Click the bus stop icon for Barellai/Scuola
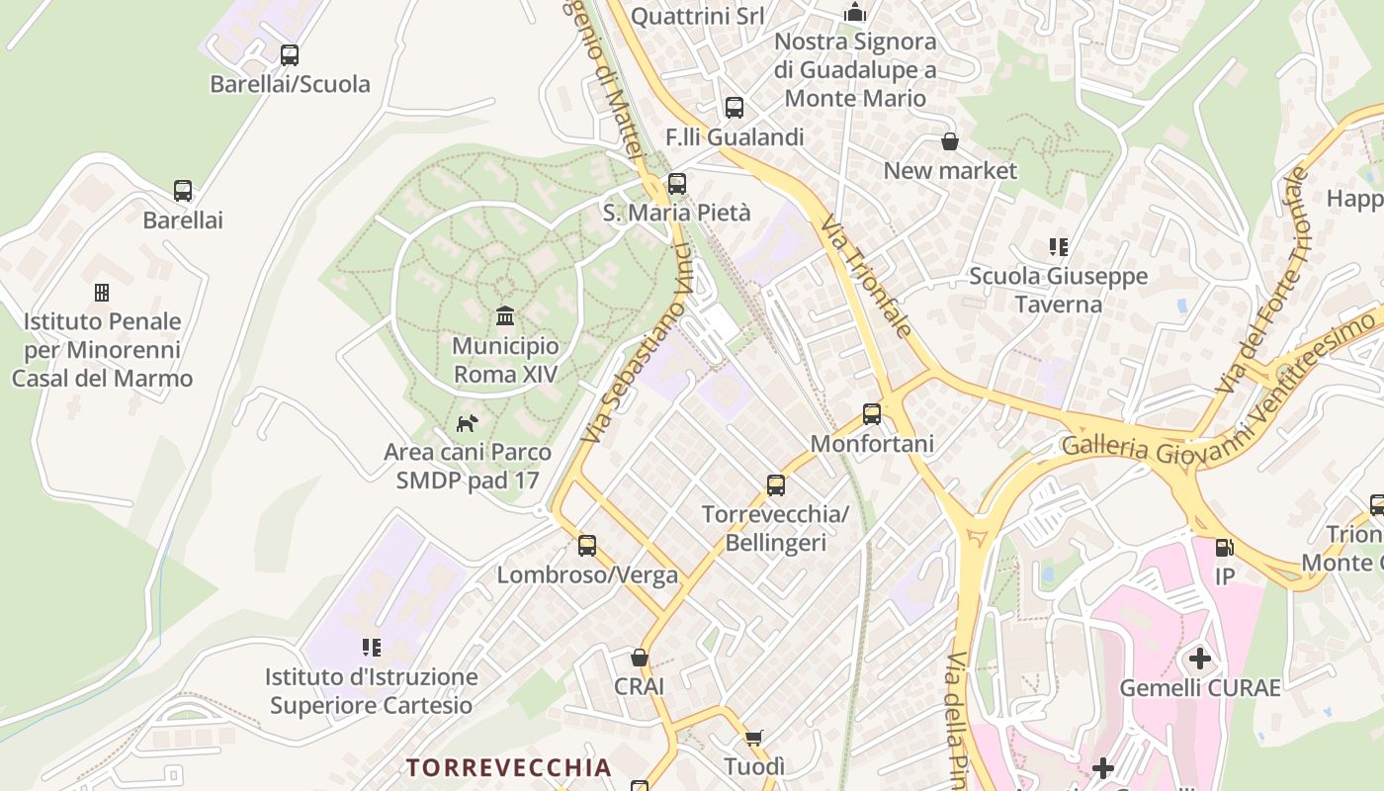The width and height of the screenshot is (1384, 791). (289, 55)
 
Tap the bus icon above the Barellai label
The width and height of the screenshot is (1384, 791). (183, 191)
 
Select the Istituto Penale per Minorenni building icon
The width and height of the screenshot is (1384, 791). (101, 293)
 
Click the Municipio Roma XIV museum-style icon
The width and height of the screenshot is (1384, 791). (505, 316)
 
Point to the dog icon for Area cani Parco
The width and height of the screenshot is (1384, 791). (467, 423)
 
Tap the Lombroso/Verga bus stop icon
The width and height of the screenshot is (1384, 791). (587, 546)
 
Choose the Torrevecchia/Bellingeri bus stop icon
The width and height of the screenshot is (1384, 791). (776, 485)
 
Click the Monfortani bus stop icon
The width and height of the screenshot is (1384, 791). (872, 414)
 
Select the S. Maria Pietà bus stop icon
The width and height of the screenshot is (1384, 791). (677, 184)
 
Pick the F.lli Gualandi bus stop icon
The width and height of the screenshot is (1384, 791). (734, 108)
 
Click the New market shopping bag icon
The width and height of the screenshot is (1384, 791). (950, 141)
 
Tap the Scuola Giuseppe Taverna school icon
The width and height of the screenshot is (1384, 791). (1059, 246)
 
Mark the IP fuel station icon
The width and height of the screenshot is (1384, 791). (1224, 547)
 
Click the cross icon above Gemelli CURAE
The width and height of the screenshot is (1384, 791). (1199, 659)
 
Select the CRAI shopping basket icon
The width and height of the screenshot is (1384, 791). (640, 658)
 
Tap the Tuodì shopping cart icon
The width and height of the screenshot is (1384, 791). (754, 738)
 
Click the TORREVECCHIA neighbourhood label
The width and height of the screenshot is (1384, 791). (509, 767)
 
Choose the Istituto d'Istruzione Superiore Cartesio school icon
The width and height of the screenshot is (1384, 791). (372, 648)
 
